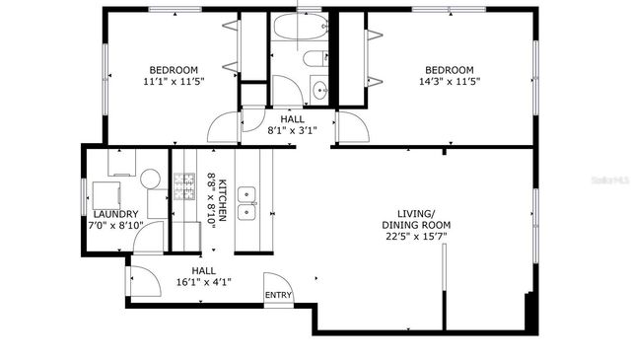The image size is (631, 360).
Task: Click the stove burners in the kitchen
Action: coord(184,183)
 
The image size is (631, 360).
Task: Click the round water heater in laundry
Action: coord(150,179)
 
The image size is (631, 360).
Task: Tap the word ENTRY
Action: coord(278,295)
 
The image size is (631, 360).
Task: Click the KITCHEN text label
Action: coord(223,200)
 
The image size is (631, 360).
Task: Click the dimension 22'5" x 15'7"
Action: coord(416,236)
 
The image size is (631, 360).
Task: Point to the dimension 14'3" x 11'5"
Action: coord(449,82)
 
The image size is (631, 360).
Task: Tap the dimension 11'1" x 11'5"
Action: coord(173,82)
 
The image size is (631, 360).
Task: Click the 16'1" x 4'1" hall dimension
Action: coord(203,282)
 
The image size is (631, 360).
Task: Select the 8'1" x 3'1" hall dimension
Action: coord(292,129)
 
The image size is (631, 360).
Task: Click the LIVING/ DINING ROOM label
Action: coord(416,218)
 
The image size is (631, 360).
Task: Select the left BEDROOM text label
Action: coord(173,70)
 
